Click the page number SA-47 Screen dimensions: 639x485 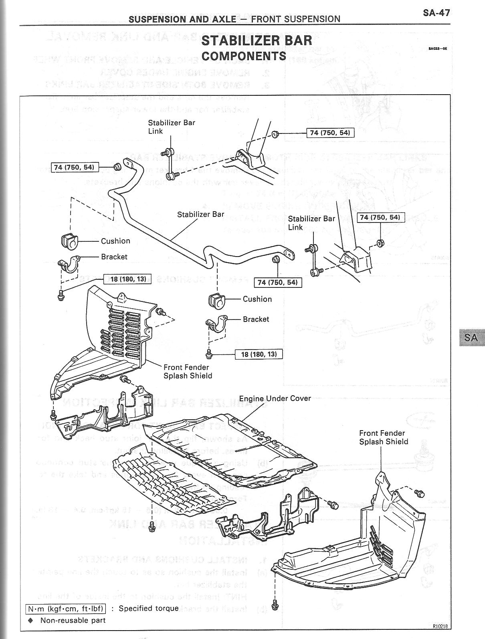pos(436,12)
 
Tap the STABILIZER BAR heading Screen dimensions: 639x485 pos(257,40)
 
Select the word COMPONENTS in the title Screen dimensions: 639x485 pos(244,56)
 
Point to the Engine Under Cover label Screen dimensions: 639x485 pos(275,398)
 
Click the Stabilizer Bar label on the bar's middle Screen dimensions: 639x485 pos(200,214)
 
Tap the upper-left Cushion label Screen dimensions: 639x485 pos(115,241)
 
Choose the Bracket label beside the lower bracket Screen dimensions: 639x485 pos(256,319)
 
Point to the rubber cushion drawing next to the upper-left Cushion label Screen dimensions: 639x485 pos(69,240)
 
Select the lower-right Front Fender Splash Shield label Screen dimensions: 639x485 pos(383,437)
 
